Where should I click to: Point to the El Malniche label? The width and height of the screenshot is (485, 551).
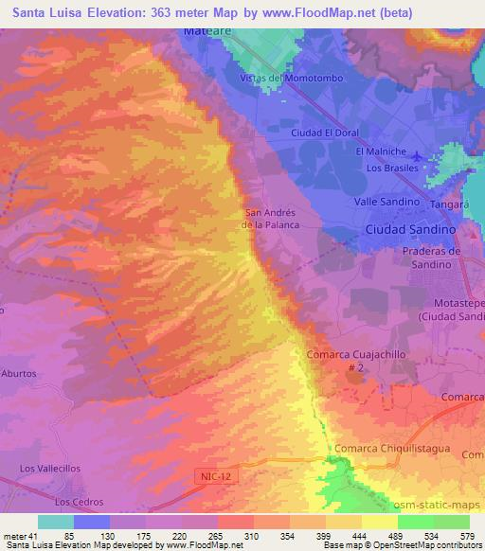[x=380, y=151]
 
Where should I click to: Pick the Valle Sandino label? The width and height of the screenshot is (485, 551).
[x=386, y=203]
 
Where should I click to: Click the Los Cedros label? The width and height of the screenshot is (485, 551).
[x=76, y=501]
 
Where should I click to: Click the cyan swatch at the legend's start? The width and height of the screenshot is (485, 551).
[x=55, y=522]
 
